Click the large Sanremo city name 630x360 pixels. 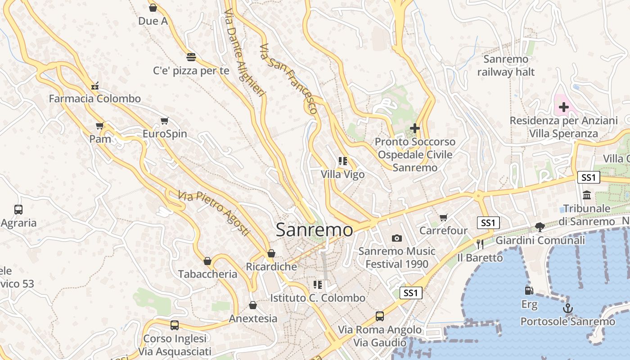point(314,229)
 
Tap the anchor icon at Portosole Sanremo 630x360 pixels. point(568,308)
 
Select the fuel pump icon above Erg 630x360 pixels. point(529,291)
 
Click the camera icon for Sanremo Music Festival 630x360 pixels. point(396,238)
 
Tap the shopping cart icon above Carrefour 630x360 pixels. point(444,218)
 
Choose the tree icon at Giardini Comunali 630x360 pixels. point(540,227)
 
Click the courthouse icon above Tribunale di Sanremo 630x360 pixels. point(587,195)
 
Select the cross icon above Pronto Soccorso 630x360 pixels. point(415,129)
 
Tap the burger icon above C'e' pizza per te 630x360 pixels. point(191,57)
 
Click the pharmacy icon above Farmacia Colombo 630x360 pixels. point(95,85)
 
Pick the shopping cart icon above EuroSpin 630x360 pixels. point(164,121)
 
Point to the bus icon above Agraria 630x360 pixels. point(18,209)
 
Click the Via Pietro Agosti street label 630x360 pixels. point(213,213)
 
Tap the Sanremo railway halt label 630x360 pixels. point(506,65)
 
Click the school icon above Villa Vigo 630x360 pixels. point(343,161)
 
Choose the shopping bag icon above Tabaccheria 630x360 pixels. point(207,261)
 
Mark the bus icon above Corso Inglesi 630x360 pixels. point(175,325)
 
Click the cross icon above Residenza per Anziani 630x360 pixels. point(563,107)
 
